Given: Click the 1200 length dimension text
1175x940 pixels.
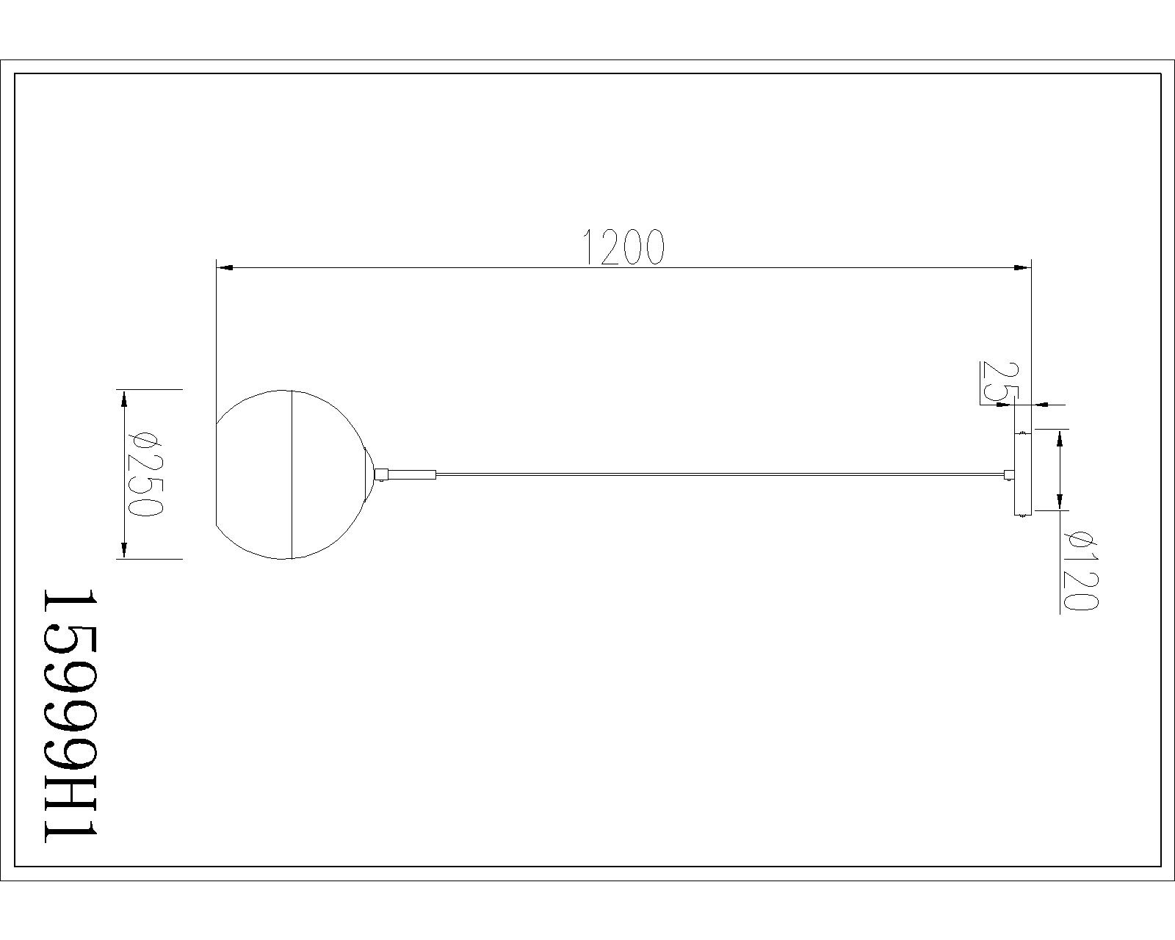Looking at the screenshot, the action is point(623,247).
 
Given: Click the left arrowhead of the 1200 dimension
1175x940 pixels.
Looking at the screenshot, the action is point(225,267).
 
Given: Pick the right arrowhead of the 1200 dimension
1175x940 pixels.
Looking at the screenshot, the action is point(1022,267).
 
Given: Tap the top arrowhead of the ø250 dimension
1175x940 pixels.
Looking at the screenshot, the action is point(124,398).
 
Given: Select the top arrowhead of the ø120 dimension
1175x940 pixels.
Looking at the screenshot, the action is point(1060,438).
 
